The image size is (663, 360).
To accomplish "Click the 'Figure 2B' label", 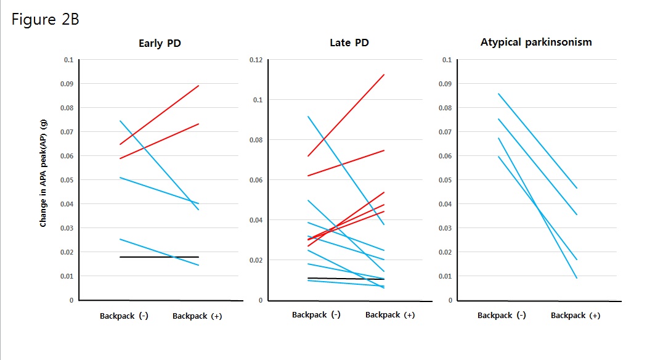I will coord(46,19).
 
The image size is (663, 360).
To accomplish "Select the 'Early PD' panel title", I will coord(159,43).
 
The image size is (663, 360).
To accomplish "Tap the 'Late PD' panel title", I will coord(349,43).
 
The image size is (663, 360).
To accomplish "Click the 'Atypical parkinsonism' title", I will coord(535,43).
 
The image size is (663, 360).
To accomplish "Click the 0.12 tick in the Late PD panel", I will coord(256,60).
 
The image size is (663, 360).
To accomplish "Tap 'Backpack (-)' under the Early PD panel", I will coord(124,316).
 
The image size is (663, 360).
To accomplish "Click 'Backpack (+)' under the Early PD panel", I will coord(197,316).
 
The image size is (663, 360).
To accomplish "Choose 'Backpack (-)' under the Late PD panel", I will coord(316,315).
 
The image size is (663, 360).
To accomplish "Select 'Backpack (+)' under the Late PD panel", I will coord(390,315).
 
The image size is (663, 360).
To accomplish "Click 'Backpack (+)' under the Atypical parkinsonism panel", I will coord(576,316).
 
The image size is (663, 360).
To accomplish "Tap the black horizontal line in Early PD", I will coord(159,256).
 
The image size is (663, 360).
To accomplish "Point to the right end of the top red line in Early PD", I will coord(198,86).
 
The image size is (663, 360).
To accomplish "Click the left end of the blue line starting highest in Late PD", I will coord(307,117).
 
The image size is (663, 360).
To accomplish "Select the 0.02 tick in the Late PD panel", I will coord(256,260).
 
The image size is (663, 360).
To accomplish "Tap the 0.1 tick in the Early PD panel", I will coord(68,60).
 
